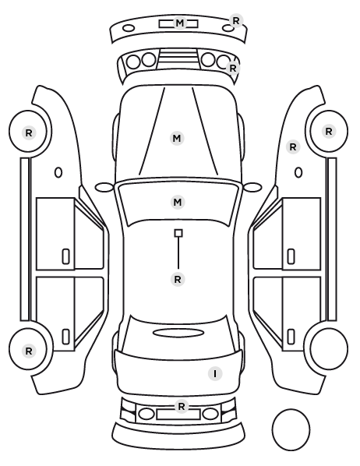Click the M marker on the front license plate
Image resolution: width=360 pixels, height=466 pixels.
click(179, 23)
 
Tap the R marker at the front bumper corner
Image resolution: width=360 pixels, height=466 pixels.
click(236, 21)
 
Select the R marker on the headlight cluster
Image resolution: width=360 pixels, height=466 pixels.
click(233, 68)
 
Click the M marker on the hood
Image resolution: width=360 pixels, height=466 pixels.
click(177, 138)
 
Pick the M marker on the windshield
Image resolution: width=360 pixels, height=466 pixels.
click(178, 203)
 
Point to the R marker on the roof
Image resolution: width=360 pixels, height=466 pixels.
click(178, 279)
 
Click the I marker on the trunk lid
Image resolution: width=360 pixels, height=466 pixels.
click(215, 373)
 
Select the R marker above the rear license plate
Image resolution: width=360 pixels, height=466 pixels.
click(182, 406)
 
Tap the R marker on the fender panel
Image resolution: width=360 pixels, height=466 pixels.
click(293, 147)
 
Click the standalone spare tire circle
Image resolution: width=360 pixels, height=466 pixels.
click(291, 429)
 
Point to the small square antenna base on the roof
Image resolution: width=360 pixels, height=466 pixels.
click(178, 233)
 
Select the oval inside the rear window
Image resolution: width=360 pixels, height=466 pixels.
click(178, 333)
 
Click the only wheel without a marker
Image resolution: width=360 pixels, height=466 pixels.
click(329, 348)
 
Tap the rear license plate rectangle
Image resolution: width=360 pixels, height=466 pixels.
click(178, 414)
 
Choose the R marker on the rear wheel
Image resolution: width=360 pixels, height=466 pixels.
click(29, 351)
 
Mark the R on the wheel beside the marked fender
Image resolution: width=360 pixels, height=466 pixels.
click(329, 132)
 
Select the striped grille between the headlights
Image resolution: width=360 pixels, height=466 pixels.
click(178, 59)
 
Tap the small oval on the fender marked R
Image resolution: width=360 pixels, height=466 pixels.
click(298, 173)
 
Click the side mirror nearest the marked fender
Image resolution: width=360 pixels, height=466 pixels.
click(252, 188)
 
